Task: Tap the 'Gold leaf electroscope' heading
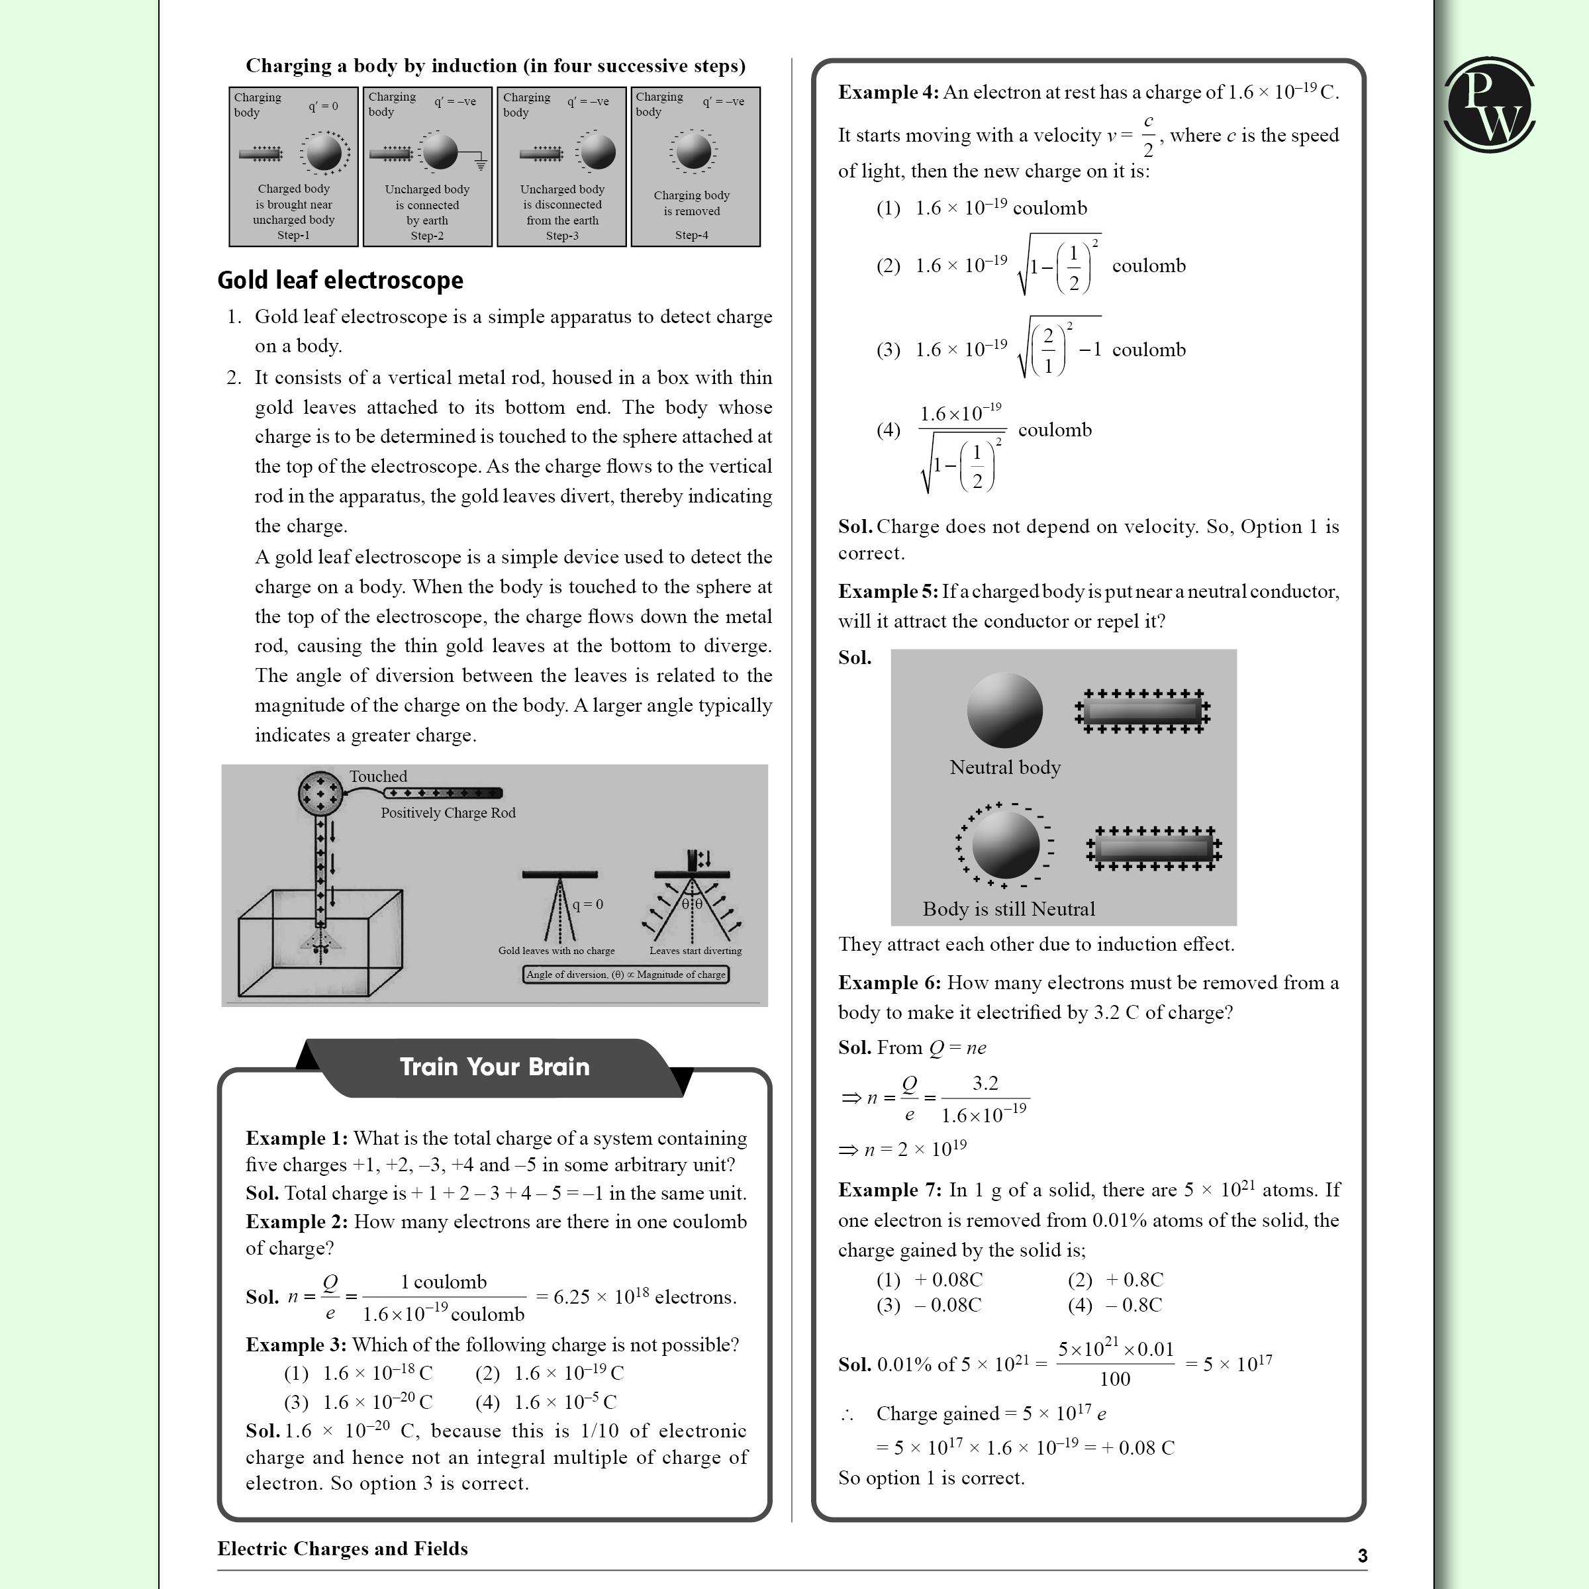[340, 281]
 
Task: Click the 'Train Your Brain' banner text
[495, 1067]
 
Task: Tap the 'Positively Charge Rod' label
[448, 812]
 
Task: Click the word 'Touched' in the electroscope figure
[377, 777]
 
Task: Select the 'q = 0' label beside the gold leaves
[587, 904]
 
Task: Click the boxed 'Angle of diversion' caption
[625, 975]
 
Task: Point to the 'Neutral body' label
[1004, 767]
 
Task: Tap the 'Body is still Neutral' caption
[1008, 909]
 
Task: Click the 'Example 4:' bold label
[887, 92]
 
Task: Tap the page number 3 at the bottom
[1362, 1555]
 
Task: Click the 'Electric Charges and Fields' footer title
[342, 1549]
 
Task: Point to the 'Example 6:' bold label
[889, 983]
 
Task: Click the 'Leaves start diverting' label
[695, 951]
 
